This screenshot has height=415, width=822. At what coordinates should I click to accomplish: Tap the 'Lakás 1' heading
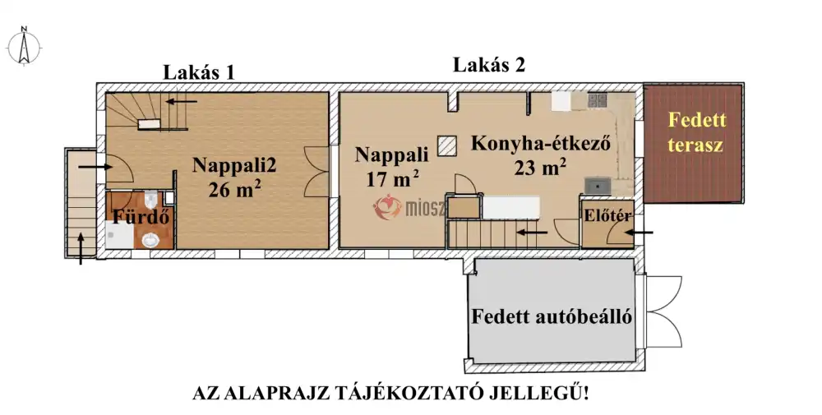click(x=199, y=71)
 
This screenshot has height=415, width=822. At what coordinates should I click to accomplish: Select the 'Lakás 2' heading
click(x=489, y=65)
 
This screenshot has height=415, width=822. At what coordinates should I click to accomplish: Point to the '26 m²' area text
click(x=234, y=189)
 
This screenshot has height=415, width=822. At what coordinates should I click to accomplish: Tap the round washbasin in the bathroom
click(x=150, y=239)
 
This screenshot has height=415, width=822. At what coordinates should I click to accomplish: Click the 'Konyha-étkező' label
click(x=539, y=144)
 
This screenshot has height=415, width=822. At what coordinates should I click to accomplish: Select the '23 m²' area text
click(x=540, y=168)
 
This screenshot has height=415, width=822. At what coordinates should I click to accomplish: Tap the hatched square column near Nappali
click(x=449, y=145)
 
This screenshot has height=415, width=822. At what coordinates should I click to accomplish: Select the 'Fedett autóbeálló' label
click(x=552, y=316)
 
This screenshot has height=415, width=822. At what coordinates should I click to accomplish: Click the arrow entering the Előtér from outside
click(x=638, y=233)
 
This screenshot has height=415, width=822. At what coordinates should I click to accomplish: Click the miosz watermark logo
click(x=409, y=209)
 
